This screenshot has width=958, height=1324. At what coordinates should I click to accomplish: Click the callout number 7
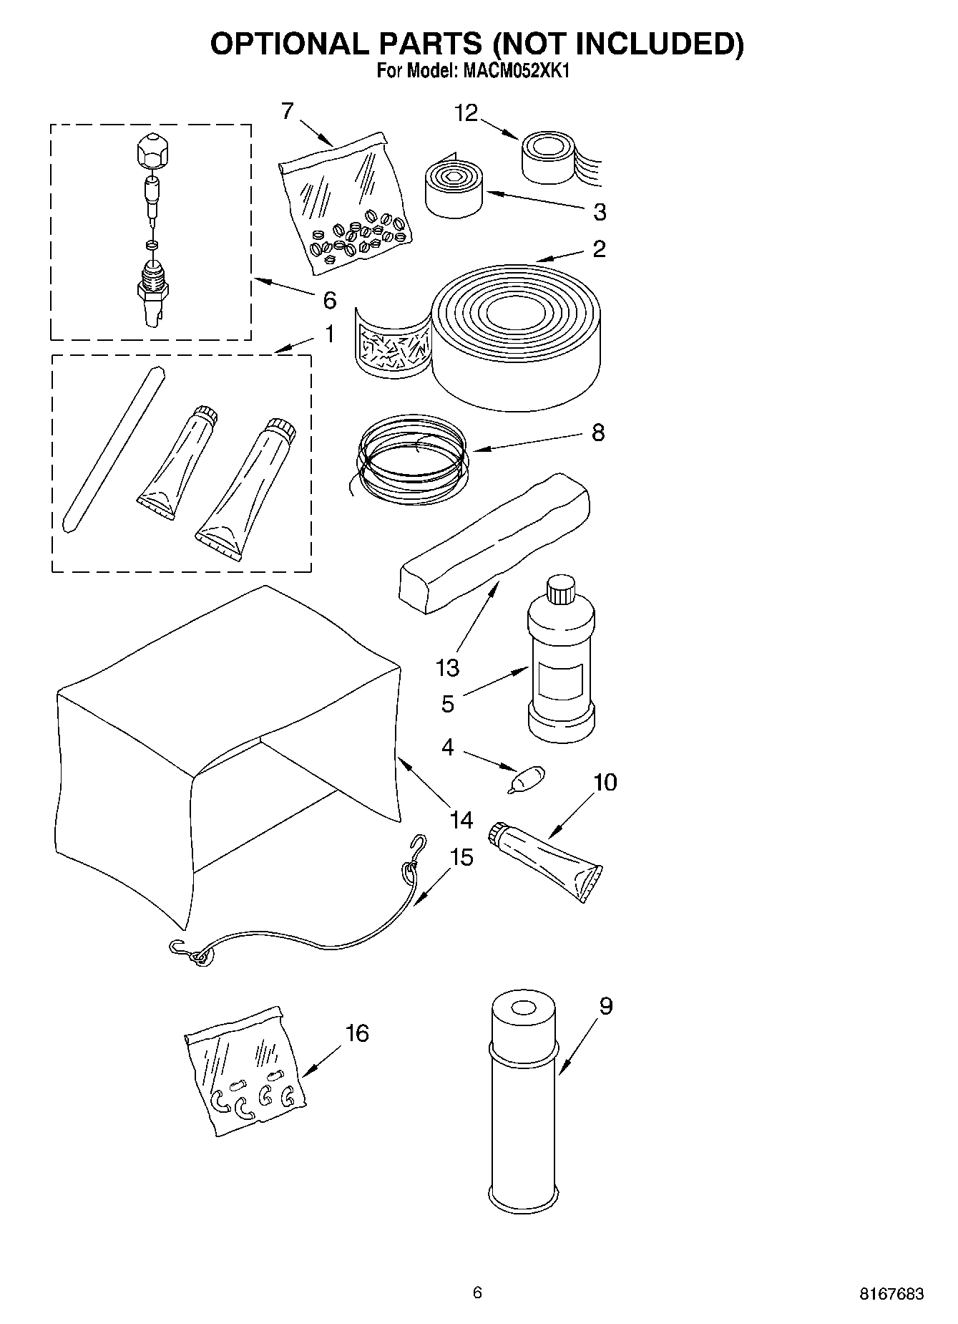pyautogui.click(x=287, y=111)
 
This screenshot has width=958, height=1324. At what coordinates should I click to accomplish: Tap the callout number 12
pyautogui.click(x=466, y=113)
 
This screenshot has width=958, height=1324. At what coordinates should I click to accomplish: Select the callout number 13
pyautogui.click(x=448, y=668)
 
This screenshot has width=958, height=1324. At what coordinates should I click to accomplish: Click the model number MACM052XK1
pyautogui.click(x=517, y=72)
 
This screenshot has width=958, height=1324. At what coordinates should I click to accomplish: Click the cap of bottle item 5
pyautogui.click(x=561, y=591)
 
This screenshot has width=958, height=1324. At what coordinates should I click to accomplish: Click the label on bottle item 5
pyautogui.click(x=560, y=682)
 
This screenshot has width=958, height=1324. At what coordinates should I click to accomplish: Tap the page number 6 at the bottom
pyautogui.click(x=478, y=1292)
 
